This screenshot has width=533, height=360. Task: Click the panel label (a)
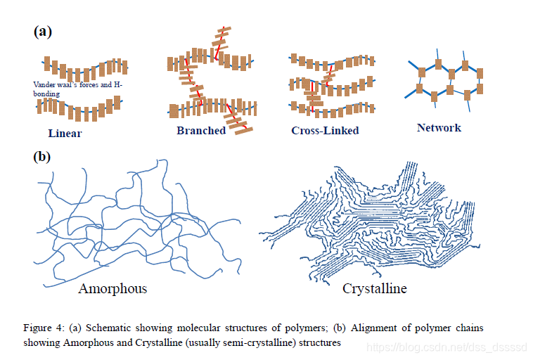(x=43, y=32)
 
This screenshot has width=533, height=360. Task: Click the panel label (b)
(x=43, y=156)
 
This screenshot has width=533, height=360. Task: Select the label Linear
(x=65, y=134)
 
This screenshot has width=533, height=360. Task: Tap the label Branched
(x=201, y=131)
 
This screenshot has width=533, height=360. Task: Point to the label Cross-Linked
(x=325, y=131)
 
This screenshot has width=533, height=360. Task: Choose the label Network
(x=439, y=127)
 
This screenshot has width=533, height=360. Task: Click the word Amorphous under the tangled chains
(x=113, y=289)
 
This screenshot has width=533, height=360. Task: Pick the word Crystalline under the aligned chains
(x=374, y=289)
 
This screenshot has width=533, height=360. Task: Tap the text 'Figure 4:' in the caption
(x=43, y=328)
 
